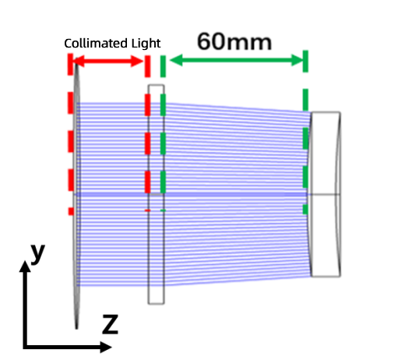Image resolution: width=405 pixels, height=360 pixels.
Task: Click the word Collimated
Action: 96,43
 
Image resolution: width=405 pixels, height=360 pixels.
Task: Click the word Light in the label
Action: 146,44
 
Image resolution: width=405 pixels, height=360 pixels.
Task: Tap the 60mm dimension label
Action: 234,42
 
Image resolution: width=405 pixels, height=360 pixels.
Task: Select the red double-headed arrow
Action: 108,62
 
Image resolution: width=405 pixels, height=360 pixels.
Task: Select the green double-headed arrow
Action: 235,60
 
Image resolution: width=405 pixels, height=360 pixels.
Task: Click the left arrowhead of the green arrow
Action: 176,60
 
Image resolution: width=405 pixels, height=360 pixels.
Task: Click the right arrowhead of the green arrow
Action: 297,60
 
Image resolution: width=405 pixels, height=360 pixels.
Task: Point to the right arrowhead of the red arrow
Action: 137,62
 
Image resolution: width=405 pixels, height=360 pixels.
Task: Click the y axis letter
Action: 37,253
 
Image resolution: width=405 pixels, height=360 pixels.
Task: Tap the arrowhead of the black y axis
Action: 25,266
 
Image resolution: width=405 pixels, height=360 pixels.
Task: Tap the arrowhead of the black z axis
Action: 106,347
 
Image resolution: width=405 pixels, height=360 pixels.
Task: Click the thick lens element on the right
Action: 326,194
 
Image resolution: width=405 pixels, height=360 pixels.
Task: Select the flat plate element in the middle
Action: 156,194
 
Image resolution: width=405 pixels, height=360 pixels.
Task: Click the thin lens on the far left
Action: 76,195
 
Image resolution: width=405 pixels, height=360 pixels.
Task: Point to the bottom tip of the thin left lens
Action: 76,330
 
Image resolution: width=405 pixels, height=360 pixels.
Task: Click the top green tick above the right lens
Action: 305,61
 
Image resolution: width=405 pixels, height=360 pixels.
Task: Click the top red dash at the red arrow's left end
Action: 70,65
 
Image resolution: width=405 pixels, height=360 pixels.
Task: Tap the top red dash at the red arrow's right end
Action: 147,66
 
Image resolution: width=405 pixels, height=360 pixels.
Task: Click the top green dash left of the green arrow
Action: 163,66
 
